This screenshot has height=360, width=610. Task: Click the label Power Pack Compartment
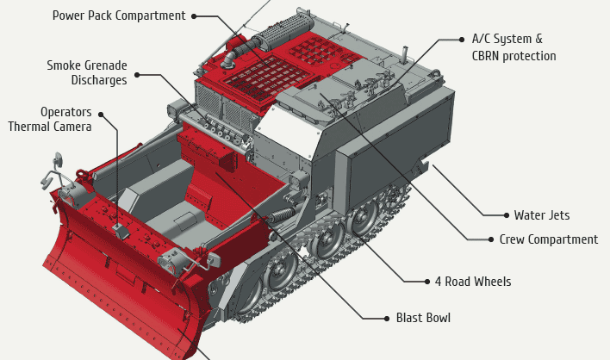click(x=119, y=16)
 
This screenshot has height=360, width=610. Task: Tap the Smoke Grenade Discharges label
click(x=87, y=72)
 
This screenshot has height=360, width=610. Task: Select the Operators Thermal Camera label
click(x=50, y=119)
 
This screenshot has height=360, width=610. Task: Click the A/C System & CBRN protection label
click(x=514, y=47)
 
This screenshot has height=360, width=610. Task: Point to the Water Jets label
click(x=541, y=215)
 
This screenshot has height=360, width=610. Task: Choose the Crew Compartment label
click(x=548, y=239)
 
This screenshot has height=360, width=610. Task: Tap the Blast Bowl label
click(x=423, y=318)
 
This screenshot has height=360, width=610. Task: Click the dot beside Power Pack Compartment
click(x=194, y=16)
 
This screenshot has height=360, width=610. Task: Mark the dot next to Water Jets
click(x=506, y=215)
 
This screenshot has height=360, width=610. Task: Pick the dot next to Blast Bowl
click(x=387, y=318)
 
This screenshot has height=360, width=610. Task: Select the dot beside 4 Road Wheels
click(x=426, y=282)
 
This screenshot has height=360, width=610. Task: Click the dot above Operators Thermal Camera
click(x=101, y=113)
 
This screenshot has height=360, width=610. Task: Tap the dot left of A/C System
click(x=462, y=39)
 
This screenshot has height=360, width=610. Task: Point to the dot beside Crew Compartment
click(x=491, y=239)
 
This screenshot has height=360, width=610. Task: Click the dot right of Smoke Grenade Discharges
click(x=136, y=75)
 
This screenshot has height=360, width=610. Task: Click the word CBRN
click(x=489, y=56)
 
